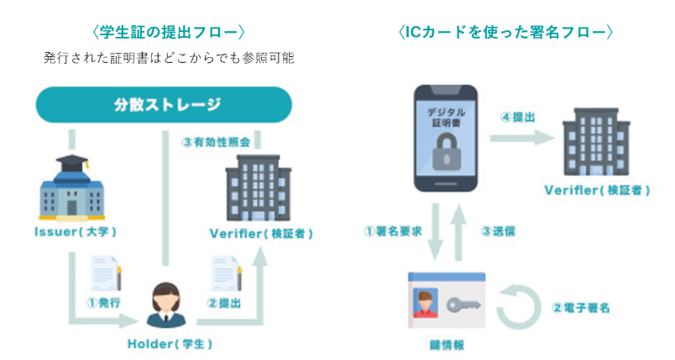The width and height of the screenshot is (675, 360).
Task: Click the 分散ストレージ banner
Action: point(164,105)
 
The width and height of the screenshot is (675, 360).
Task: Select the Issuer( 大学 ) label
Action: point(76,232)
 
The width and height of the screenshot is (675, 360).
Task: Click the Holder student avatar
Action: point(166,305)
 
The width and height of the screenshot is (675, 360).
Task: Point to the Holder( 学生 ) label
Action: point(170,344)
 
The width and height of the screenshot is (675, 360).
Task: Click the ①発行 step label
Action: point(103,303)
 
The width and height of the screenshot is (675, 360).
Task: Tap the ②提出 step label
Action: point(224,303)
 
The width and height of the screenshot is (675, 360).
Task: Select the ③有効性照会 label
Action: point(216,142)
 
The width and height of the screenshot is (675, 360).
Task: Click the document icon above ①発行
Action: point(106,273)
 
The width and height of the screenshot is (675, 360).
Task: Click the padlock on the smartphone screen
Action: point(447,153)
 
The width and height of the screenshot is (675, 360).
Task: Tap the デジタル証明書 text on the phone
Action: point(447,117)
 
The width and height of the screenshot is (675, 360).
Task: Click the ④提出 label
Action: point(518,117)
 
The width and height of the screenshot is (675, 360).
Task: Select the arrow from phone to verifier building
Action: point(522,138)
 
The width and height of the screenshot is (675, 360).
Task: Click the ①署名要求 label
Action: point(393,232)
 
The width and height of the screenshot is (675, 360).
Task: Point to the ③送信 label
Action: point(498,232)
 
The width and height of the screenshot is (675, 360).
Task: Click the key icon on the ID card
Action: point(463,305)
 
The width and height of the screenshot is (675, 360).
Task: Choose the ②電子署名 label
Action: point(581,308)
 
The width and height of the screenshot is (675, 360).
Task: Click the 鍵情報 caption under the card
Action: point(447,345)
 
